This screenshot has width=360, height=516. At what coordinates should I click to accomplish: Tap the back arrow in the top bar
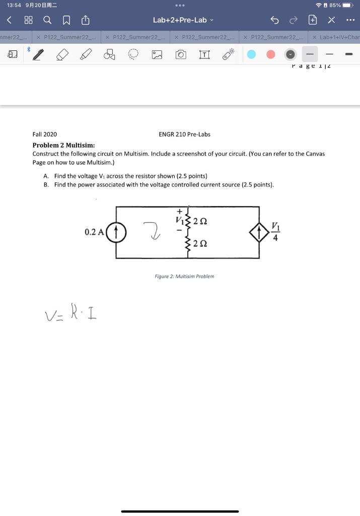[9, 20]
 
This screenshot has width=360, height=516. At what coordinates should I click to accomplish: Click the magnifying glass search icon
[47, 20]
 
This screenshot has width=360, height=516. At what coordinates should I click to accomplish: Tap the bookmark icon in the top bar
[66, 20]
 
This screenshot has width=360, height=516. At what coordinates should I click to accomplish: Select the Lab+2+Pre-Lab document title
[180, 20]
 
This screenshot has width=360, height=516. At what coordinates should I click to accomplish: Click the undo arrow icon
[274, 20]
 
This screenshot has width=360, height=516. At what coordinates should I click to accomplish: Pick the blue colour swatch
[251, 54]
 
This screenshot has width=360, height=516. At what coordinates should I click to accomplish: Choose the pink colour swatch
[271, 54]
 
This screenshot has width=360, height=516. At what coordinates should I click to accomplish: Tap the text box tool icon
[204, 54]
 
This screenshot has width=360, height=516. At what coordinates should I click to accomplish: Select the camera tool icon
[181, 54]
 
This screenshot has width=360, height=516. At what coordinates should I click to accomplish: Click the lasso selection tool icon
[133, 54]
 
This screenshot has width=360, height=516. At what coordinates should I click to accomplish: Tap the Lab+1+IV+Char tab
[338, 37]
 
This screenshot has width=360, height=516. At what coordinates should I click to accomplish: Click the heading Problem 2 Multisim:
[63, 145]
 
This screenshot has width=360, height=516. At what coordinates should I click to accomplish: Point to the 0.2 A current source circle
[116, 232]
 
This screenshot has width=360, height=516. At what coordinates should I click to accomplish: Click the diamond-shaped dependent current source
[259, 232]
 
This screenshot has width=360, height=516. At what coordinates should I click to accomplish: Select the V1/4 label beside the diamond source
[275, 232]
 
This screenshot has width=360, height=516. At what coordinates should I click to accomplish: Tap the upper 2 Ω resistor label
[200, 221]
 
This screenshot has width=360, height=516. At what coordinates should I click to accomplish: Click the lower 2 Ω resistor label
[200, 244]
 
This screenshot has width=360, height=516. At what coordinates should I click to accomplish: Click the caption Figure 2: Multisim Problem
[184, 276]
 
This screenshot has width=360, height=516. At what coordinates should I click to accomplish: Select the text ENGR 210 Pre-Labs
[184, 135]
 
